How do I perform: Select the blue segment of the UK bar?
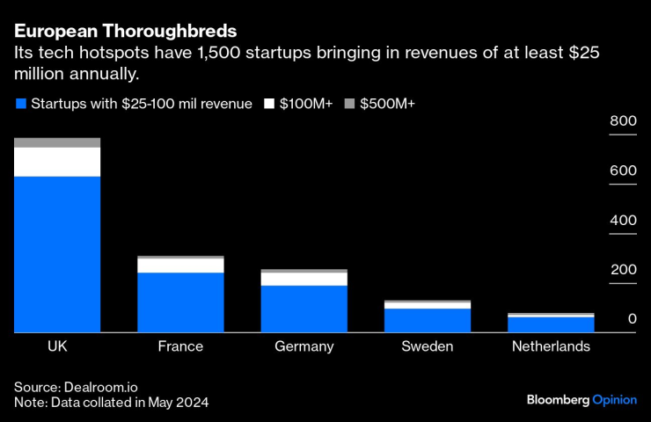(57, 254)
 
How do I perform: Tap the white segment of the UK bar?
(57, 162)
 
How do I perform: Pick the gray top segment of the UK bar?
(57, 142)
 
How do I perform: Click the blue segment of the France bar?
(180, 302)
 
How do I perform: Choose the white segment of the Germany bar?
(304, 280)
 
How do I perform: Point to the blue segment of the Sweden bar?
(428, 320)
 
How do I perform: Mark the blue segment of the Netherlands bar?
(551, 324)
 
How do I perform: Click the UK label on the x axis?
(57, 346)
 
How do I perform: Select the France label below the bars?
(180, 346)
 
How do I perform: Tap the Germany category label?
(304, 346)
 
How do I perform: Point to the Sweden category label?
(428, 346)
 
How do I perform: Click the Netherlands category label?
(551, 346)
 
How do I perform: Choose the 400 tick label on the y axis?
(624, 221)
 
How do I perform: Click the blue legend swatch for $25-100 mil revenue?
(20, 104)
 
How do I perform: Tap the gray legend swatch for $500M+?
(348, 104)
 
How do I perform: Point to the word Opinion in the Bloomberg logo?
(614, 399)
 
